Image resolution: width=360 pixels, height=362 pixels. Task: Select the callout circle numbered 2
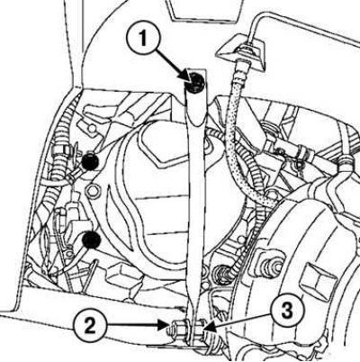pyautogui.click(x=90, y=325)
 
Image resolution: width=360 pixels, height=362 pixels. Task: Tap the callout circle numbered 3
pyautogui.click(x=288, y=312)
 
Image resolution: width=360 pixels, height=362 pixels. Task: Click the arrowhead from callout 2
pyautogui.click(x=164, y=325)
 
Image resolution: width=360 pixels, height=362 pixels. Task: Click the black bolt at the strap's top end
pyautogui.click(x=194, y=82)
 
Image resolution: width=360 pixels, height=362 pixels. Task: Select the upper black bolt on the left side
pyautogui.click(x=89, y=162)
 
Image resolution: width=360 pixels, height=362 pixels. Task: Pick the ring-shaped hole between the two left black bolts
pyautogui.click(x=92, y=190)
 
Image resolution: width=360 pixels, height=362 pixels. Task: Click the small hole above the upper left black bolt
pyautogui.click(x=93, y=130)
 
